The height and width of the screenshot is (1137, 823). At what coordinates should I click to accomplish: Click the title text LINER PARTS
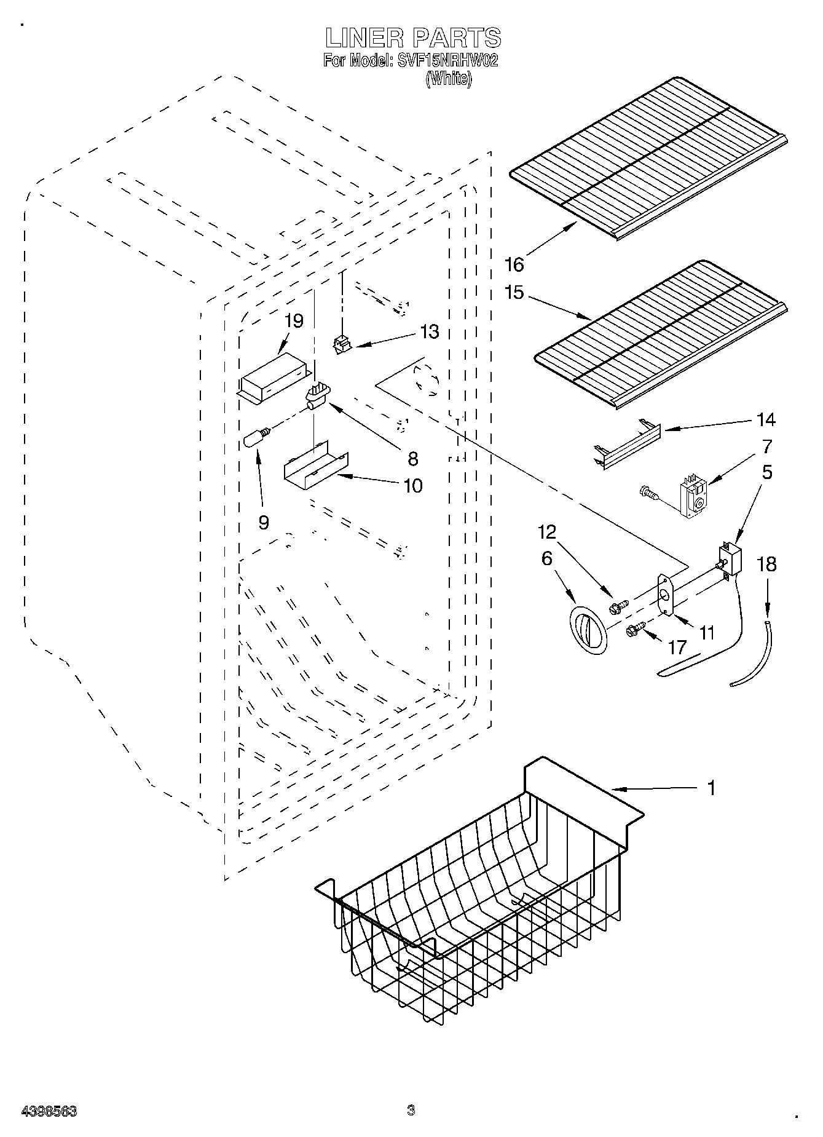pyautogui.click(x=413, y=38)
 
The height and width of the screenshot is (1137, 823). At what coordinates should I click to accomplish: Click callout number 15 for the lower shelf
pyautogui.click(x=514, y=292)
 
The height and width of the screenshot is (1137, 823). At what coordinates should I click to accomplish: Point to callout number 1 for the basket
pyautogui.click(x=711, y=788)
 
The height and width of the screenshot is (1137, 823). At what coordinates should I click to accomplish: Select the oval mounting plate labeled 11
pyautogui.click(x=664, y=594)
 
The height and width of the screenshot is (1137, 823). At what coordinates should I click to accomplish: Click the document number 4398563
pyautogui.click(x=49, y=1111)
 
